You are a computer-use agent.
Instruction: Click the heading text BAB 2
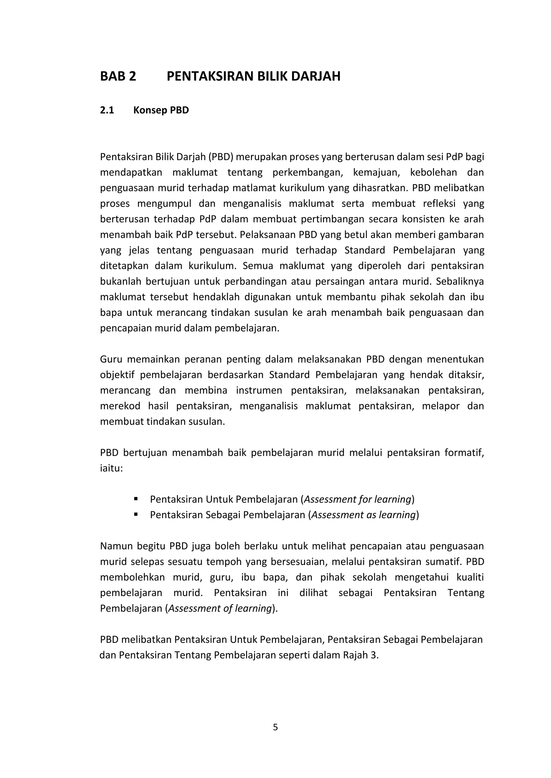(118, 76)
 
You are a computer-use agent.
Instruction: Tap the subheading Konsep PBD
(161, 110)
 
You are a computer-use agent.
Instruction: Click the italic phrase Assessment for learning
(358, 499)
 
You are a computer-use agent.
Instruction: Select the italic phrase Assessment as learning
(364, 515)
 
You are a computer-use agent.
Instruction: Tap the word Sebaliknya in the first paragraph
(460, 282)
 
